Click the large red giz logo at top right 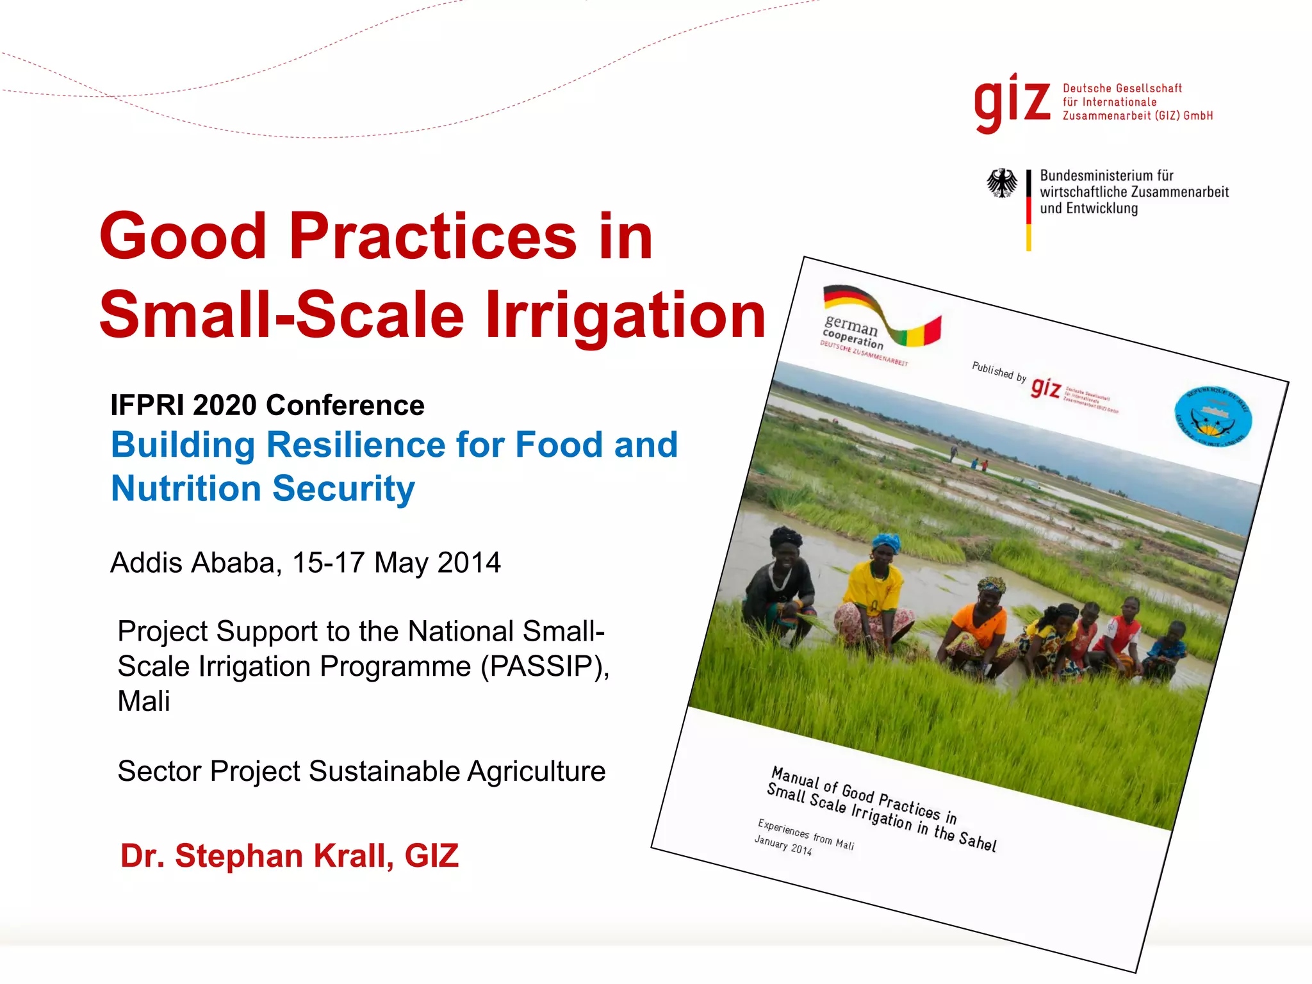click(x=1012, y=102)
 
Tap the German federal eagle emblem click(x=1001, y=183)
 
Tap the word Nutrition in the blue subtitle click(x=186, y=488)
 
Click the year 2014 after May click(x=469, y=562)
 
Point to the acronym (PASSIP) click(x=544, y=666)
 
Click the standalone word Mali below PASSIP click(x=143, y=701)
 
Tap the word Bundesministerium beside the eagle click(x=1106, y=176)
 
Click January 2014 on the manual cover click(x=783, y=846)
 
